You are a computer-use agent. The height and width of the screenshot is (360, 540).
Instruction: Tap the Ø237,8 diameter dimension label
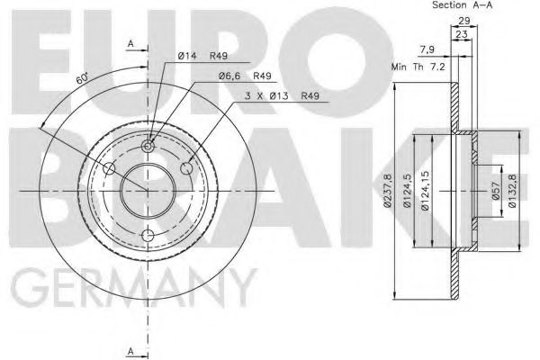(388, 192)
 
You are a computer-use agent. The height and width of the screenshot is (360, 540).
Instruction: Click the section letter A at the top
(130, 43)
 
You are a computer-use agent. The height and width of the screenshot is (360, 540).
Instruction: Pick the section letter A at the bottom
(130, 349)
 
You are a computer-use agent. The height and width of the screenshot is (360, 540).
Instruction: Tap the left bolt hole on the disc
(109, 170)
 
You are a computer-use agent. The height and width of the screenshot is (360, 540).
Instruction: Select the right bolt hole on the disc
(188, 168)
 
